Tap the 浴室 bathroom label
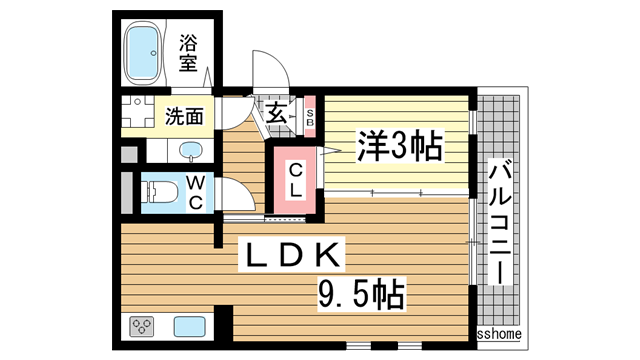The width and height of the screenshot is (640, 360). pos(189,54)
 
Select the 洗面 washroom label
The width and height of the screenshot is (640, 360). pos(185,115)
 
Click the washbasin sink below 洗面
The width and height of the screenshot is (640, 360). pos(191,152)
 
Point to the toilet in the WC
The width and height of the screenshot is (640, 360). pos(160,190)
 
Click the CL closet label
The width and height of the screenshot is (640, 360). pos(297,182)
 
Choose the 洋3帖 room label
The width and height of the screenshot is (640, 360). pos(397,149)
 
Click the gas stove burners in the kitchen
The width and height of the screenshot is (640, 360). pos(141,327)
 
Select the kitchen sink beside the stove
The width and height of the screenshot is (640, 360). pos(189,327)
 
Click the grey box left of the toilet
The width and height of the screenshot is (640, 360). pos(127,190)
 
